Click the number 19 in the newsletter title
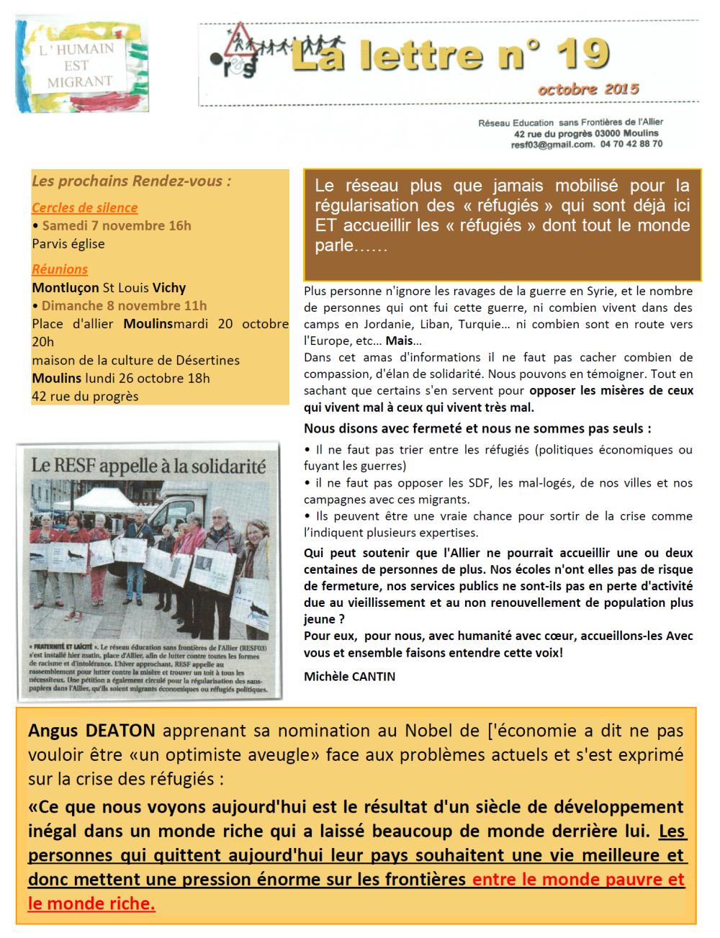tap(582, 53)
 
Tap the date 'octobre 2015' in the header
tap(588, 89)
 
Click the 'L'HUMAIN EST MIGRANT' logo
tap(81, 66)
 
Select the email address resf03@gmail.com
tap(552, 144)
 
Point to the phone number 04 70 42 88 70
tap(631, 144)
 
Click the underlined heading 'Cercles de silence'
tap(84, 207)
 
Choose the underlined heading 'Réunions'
tap(60, 269)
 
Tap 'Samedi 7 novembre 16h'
tap(117, 225)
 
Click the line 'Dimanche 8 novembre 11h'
tap(124, 306)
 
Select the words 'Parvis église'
tap(68, 244)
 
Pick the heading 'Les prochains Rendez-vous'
tap(131, 181)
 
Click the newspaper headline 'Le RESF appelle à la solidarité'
tap(148, 466)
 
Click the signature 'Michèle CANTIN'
tap(349, 677)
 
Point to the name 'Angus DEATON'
tap(91, 731)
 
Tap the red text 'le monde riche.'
tap(91, 903)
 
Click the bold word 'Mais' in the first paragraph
tap(400, 341)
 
